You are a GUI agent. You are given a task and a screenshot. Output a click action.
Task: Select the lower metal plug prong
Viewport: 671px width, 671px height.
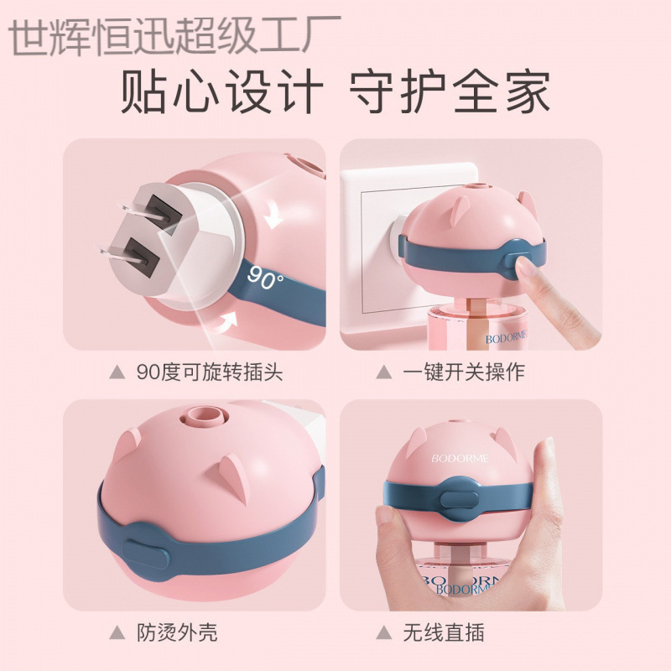point(118,250)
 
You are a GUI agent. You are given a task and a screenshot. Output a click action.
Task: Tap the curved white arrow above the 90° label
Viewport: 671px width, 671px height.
point(272,217)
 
